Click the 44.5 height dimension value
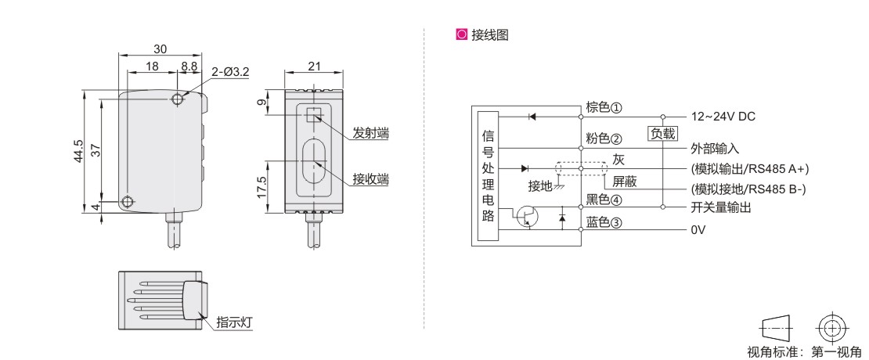pos(78,150)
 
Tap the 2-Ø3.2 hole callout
pos(229,72)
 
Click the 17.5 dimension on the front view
pos(262,188)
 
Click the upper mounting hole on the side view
pos(178,100)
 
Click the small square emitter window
pos(314,114)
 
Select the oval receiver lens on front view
pos(314,162)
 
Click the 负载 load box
pos(662,133)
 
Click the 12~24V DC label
pos(723,117)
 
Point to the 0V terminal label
pos(698,232)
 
